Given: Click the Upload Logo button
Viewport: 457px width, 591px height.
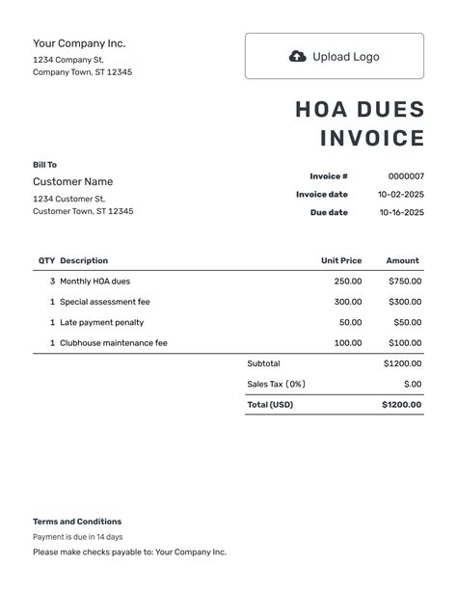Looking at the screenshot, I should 334,56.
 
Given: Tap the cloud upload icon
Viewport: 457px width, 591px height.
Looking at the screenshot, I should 298,56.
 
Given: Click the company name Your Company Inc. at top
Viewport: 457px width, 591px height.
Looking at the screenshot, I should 79,43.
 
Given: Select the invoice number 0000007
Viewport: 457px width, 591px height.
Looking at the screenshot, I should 405,176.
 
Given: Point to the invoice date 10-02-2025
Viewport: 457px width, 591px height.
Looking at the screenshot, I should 400,195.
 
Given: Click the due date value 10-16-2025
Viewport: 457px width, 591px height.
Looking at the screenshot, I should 400,213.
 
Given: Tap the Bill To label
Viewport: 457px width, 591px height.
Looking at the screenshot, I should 44,165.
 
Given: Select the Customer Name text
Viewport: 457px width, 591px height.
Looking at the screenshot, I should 72,181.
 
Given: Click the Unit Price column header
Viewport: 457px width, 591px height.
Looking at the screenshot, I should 341,260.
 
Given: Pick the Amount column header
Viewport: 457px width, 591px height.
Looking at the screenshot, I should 402,260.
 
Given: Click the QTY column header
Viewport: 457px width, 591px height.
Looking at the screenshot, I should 46,260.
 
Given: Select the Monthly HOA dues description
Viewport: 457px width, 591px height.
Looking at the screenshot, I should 94,282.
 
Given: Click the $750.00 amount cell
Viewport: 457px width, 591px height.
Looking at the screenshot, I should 405,282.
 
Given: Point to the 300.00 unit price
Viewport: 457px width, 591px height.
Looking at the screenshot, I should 348,302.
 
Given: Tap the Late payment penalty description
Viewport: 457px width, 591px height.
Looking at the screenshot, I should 102,322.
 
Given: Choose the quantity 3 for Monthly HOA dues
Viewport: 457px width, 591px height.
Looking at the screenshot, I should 52,282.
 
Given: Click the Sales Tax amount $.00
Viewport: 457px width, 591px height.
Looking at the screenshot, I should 412,384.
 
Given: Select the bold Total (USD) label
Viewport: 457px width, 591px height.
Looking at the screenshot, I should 270,405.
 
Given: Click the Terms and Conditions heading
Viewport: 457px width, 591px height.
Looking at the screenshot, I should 77,522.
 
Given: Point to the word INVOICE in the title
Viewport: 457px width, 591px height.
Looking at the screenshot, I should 371,139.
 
